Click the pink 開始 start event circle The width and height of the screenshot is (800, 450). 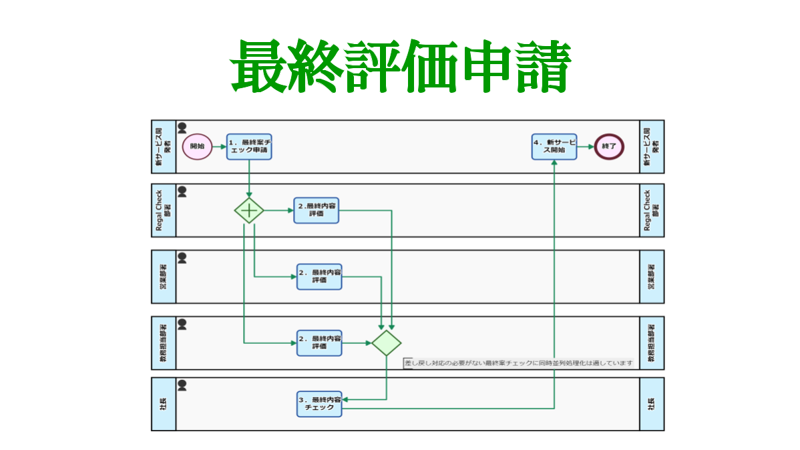pos(197,146)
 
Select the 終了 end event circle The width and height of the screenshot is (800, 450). pos(608,146)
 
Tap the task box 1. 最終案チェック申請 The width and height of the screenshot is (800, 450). pos(249,146)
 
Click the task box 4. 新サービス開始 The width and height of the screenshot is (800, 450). pos(554,146)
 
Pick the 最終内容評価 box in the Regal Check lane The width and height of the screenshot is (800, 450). pos(317,210)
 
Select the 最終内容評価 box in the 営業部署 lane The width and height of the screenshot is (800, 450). pos(319,276)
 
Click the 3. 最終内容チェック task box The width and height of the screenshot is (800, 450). pos(319,404)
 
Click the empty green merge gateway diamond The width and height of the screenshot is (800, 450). pos(387,343)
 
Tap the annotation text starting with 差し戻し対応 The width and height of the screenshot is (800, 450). pos(518,363)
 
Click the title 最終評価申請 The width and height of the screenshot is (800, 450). pos(400,66)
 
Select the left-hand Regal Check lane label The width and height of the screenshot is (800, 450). pos(164,210)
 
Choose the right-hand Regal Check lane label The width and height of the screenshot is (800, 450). pos(652,210)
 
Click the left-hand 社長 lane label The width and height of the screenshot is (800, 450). pos(164,404)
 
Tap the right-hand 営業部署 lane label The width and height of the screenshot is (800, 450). pos(652,276)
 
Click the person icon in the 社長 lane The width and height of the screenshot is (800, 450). pos(182,385)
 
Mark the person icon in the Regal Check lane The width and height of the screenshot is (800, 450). pos(182,192)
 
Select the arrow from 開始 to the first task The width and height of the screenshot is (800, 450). pos(219,146)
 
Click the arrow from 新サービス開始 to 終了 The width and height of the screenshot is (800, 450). pos(586,146)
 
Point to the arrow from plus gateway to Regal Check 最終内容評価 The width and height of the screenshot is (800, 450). pos(278,210)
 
